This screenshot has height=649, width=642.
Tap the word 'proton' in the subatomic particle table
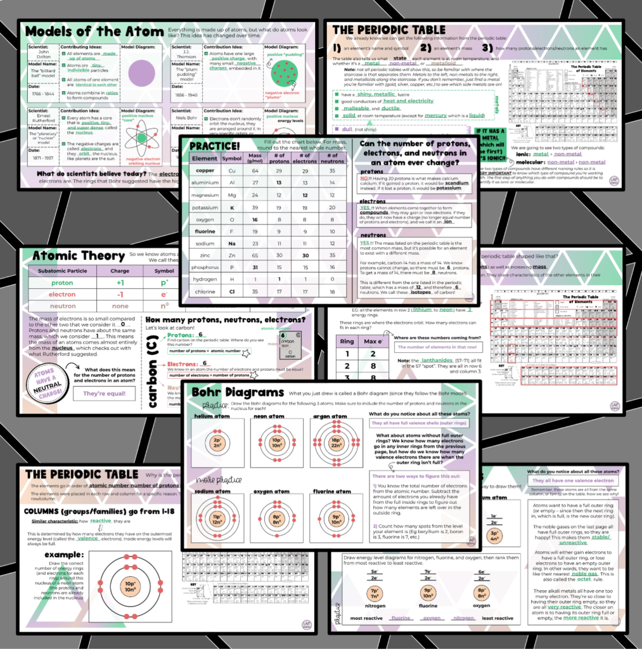point(62,283)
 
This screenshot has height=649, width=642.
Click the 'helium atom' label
point(212,416)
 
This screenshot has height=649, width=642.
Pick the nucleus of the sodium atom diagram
point(217,520)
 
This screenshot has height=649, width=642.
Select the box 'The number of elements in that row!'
point(438,347)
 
